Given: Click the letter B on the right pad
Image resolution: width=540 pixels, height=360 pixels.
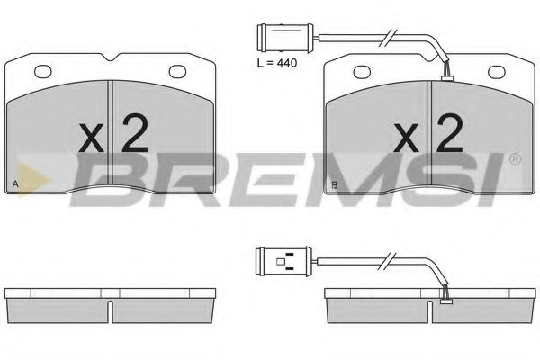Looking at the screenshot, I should [x=335, y=185].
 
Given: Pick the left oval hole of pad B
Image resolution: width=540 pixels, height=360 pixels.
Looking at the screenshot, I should [x=363, y=72].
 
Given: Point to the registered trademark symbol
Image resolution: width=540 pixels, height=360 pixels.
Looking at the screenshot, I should [x=514, y=160].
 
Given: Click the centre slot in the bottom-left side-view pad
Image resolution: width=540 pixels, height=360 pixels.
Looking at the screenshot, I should [x=109, y=310].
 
